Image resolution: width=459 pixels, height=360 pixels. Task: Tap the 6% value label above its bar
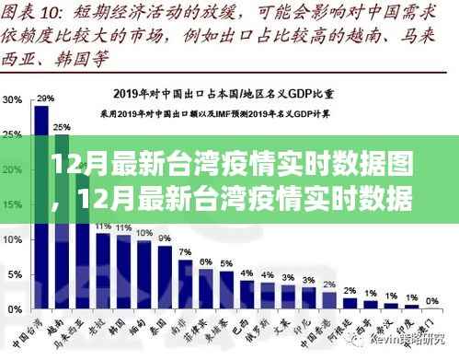click(205, 259)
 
